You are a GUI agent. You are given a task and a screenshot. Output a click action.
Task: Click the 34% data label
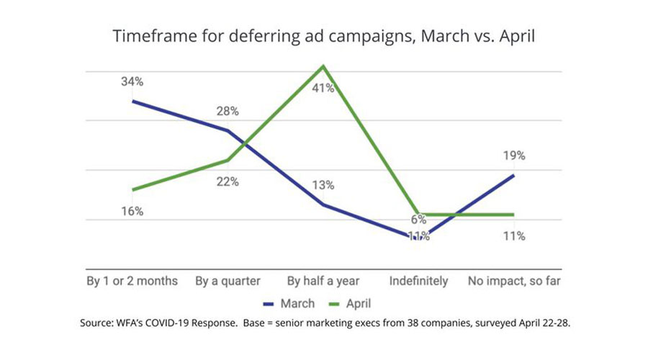(x=132, y=81)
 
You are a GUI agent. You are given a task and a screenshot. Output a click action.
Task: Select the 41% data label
(x=323, y=89)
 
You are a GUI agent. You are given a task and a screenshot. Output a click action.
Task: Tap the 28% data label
(x=228, y=112)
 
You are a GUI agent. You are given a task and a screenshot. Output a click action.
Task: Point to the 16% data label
(x=132, y=211)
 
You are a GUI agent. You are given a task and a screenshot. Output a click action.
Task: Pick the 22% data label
(x=228, y=181)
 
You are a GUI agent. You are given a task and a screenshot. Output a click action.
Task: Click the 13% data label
(x=323, y=185)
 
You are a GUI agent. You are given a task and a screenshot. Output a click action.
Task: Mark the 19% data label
(x=514, y=156)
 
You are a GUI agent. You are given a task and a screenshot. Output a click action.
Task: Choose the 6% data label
(x=418, y=220)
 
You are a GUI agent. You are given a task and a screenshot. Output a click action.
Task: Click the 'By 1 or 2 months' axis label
(x=132, y=280)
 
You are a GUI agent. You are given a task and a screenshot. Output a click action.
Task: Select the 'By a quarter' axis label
(x=228, y=280)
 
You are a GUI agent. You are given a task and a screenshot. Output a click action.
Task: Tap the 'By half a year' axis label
(x=323, y=280)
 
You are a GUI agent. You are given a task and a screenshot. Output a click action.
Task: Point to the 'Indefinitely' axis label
(x=418, y=280)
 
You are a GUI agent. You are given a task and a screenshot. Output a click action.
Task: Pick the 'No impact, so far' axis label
(x=514, y=280)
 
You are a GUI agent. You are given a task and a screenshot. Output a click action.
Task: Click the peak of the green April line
(x=323, y=66)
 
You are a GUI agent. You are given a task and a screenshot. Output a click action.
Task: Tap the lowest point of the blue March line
(x=418, y=235)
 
